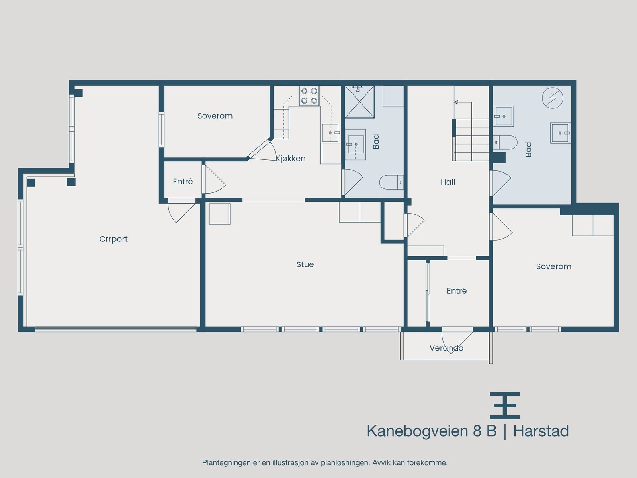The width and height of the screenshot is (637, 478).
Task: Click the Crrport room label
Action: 113,239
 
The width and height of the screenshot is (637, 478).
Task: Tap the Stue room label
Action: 305,264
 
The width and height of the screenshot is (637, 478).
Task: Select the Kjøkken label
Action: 291,159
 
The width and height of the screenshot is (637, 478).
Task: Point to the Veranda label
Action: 446,348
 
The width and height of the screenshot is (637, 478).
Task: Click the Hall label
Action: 448,182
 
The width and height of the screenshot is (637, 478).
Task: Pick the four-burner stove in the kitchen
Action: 309,96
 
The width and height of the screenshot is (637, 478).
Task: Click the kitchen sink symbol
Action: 330,133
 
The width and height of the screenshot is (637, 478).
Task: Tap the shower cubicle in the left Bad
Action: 360,102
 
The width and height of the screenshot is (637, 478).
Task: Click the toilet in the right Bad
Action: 505,142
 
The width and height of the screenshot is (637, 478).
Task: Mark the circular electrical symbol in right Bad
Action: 553,98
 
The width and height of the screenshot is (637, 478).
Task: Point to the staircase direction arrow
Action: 456,102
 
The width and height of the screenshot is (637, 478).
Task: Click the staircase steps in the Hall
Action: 472,139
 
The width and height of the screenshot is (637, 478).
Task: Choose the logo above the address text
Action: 504,406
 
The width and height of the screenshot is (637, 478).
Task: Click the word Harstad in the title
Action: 541,431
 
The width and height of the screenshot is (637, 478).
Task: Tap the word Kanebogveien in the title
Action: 417,431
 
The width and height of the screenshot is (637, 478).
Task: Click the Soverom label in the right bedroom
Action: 553,266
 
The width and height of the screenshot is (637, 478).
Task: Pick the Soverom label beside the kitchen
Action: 215,116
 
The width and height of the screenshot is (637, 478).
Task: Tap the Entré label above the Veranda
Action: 457,291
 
